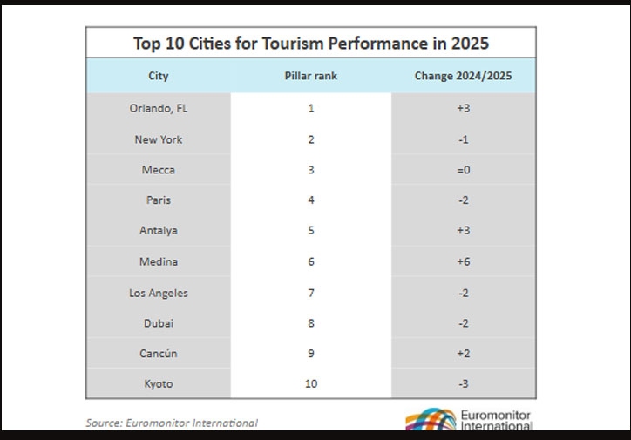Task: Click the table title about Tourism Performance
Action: (310, 43)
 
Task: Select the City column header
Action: (158, 77)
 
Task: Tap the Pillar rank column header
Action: (310, 77)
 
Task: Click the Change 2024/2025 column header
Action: (463, 77)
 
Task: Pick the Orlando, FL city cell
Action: (158, 109)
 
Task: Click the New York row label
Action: (158, 139)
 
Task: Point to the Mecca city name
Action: (158, 170)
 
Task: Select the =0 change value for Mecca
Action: (463, 170)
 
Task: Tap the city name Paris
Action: (158, 200)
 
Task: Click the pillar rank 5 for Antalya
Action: (310, 231)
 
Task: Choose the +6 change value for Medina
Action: (463, 261)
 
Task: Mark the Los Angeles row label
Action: (158, 293)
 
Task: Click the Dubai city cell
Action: (158, 323)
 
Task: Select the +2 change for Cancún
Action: (463, 354)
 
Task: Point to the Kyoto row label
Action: (158, 384)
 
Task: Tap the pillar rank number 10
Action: (310, 384)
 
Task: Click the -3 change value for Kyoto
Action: (463, 384)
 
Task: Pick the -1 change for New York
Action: (463, 139)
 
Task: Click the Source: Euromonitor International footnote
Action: (172, 423)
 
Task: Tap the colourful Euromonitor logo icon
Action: (431, 420)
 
